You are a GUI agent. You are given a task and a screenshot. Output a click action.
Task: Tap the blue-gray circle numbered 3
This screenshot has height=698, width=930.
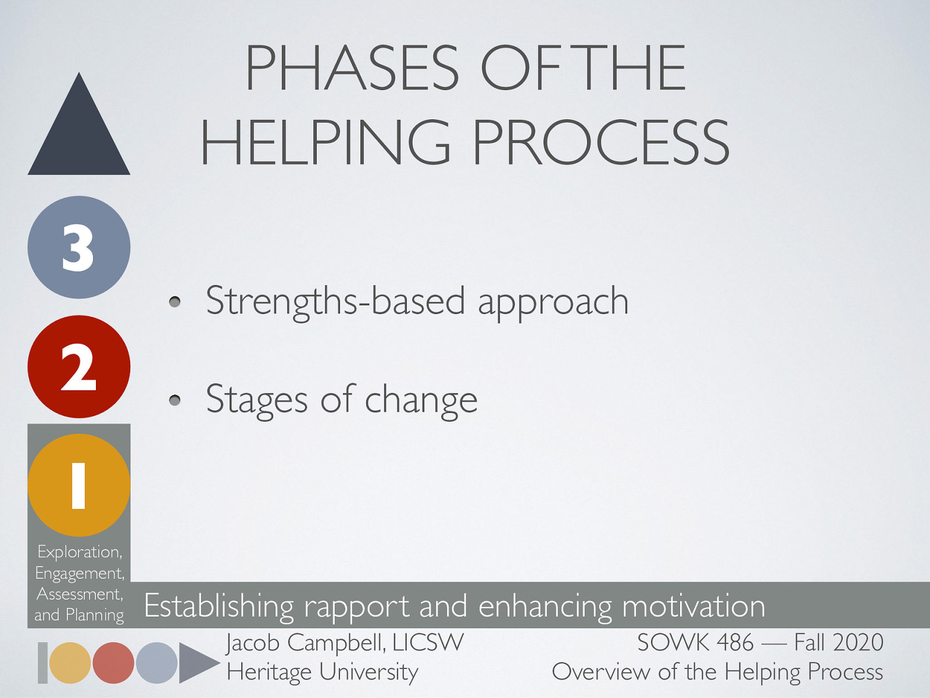coord(79,247)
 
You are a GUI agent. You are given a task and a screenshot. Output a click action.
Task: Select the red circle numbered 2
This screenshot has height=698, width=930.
coord(79,366)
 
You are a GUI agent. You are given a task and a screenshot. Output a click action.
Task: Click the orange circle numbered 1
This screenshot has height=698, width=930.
coord(79,485)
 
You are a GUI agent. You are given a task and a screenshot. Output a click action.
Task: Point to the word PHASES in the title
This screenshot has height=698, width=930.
coord(352,69)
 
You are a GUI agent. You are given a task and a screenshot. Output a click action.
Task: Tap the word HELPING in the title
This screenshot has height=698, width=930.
coord(326,143)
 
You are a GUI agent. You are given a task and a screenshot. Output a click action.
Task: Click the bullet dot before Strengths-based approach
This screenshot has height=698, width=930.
coord(175,301)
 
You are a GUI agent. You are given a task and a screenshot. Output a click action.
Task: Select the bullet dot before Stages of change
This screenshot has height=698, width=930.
coord(175,400)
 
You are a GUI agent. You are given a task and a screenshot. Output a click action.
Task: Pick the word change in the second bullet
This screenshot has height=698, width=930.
coord(421,400)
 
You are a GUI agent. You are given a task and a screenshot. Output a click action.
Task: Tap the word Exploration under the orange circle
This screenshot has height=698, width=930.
coord(79,551)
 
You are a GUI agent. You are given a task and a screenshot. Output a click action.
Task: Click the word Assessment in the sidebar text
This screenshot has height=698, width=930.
coord(79,594)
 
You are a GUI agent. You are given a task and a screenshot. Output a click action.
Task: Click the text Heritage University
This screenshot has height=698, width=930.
coord(323,672)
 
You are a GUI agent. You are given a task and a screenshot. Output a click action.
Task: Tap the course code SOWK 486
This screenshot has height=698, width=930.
coord(695,643)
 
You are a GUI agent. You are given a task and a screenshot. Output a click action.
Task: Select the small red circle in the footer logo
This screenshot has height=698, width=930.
coord(113,663)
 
